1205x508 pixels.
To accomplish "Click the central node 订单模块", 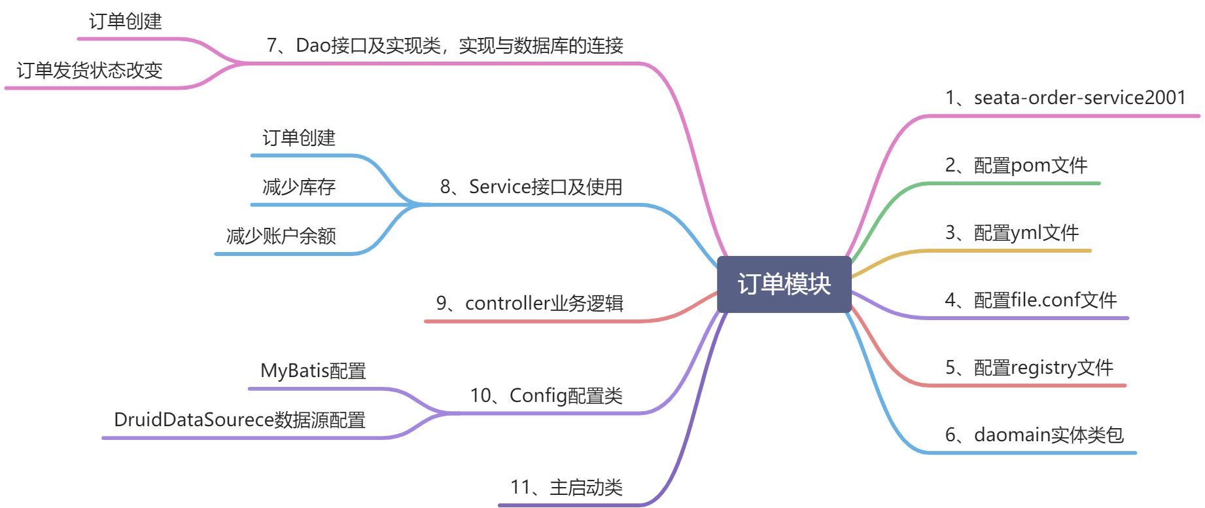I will (x=784, y=284).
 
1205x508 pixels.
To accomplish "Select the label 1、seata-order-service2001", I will (x=1065, y=98).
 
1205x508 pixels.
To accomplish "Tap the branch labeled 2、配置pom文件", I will (x=1016, y=166).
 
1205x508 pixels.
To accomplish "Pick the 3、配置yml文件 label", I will (x=1011, y=233).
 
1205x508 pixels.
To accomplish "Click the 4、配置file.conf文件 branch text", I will (x=1030, y=300).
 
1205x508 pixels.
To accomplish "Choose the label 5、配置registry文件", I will (x=1028, y=368).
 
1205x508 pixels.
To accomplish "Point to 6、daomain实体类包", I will (x=1034, y=435).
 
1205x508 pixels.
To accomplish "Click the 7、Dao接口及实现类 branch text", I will (x=445, y=46).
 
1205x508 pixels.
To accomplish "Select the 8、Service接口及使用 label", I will (x=531, y=187).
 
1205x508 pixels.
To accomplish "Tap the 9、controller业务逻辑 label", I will (x=529, y=304).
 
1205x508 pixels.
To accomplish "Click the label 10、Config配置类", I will (x=546, y=396).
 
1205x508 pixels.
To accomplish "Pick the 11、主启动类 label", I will (x=566, y=488).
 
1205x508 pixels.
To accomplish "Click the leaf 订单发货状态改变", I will (x=90, y=71).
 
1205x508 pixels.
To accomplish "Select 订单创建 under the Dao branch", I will (x=125, y=22).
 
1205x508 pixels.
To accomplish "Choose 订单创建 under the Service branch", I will (x=298, y=138).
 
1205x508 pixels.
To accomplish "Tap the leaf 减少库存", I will (x=298, y=187).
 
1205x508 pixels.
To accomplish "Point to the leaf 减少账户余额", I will (x=281, y=236).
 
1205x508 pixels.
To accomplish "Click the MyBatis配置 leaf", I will (x=313, y=371).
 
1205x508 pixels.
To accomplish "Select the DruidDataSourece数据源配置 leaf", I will (x=239, y=420).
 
